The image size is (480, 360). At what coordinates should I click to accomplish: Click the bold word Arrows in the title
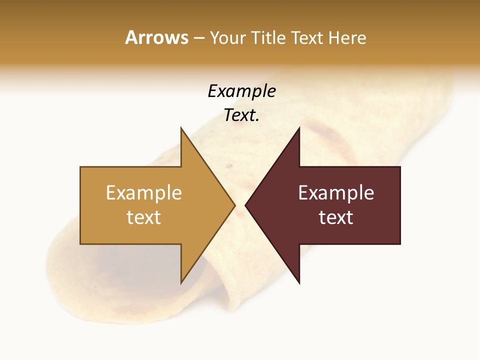pyautogui.click(x=156, y=37)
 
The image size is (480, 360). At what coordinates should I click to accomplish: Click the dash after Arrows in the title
pyautogui.click(x=199, y=38)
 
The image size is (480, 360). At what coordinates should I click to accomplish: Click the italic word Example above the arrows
pyautogui.click(x=241, y=91)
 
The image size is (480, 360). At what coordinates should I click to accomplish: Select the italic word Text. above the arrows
pyautogui.click(x=241, y=115)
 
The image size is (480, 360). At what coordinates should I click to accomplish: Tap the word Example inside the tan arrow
pyautogui.click(x=144, y=193)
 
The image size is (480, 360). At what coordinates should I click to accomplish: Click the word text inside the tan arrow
pyautogui.click(x=144, y=217)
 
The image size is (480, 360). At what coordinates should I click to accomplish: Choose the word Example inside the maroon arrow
pyautogui.click(x=336, y=193)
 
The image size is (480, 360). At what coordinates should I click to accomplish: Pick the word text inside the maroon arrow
pyautogui.click(x=336, y=217)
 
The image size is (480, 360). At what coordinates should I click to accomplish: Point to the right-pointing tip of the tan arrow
pyautogui.click(x=234, y=205)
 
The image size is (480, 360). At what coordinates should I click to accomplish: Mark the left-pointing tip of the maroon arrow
pyautogui.click(x=245, y=205)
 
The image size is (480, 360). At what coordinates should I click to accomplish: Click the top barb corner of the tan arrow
pyautogui.click(x=181, y=128)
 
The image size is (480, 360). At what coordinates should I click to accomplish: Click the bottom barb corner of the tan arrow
pyautogui.click(x=181, y=282)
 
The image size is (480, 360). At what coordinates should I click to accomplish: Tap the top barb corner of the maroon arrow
pyautogui.click(x=299, y=128)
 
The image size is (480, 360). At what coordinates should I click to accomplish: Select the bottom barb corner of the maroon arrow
pyautogui.click(x=299, y=282)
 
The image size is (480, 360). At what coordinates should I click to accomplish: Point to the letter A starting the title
pyautogui.click(x=131, y=37)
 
